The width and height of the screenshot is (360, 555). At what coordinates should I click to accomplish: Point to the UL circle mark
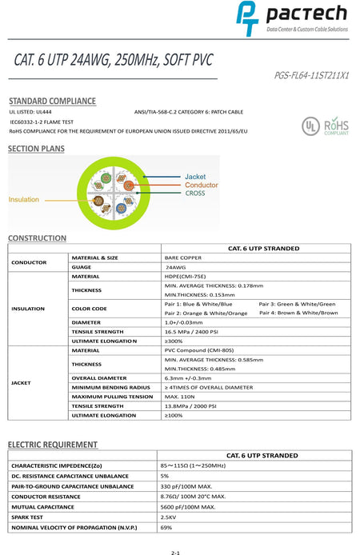(x=309, y=126)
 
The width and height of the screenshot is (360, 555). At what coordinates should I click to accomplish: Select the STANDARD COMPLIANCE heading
(x=52, y=102)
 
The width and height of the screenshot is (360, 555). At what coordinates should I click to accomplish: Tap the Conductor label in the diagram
(x=201, y=185)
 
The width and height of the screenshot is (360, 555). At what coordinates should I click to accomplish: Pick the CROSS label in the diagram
(x=195, y=194)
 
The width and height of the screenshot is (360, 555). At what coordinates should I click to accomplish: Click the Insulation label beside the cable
(x=24, y=199)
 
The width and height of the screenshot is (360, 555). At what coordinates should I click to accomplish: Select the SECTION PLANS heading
(x=36, y=149)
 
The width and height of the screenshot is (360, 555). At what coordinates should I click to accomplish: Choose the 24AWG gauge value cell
(x=176, y=267)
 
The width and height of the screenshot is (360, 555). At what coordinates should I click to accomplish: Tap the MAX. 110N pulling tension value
(x=180, y=397)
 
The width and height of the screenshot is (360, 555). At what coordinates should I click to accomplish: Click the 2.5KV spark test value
(x=169, y=517)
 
